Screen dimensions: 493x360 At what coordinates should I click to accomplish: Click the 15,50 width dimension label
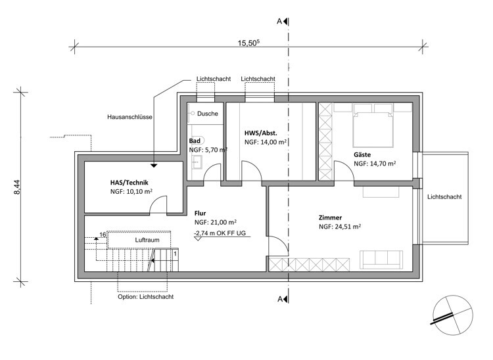(248, 43)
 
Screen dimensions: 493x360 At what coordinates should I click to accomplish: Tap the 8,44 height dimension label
(17, 187)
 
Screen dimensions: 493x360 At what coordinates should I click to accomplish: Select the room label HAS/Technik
(129, 183)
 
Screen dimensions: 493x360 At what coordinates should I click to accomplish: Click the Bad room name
(195, 141)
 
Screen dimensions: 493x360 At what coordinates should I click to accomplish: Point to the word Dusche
(208, 114)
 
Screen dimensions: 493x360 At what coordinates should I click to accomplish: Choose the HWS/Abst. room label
(261, 133)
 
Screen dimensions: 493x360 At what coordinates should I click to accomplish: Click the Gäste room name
(362, 154)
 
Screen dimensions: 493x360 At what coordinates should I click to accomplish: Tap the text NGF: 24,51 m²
(340, 227)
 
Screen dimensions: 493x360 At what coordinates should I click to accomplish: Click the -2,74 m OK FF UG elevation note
(220, 233)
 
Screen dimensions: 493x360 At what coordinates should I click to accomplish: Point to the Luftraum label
(147, 240)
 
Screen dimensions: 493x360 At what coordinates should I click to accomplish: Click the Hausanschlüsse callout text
(130, 117)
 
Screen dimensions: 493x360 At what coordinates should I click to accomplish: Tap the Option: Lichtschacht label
(145, 297)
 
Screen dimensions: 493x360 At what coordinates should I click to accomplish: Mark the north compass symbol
(453, 315)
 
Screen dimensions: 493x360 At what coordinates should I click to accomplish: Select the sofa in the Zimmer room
(381, 259)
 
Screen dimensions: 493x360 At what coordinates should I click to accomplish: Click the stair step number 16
(103, 235)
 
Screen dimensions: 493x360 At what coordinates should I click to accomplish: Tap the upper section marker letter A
(279, 22)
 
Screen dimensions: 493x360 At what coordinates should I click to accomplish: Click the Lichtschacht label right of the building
(444, 197)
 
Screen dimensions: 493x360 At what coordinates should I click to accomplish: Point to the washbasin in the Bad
(197, 162)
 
